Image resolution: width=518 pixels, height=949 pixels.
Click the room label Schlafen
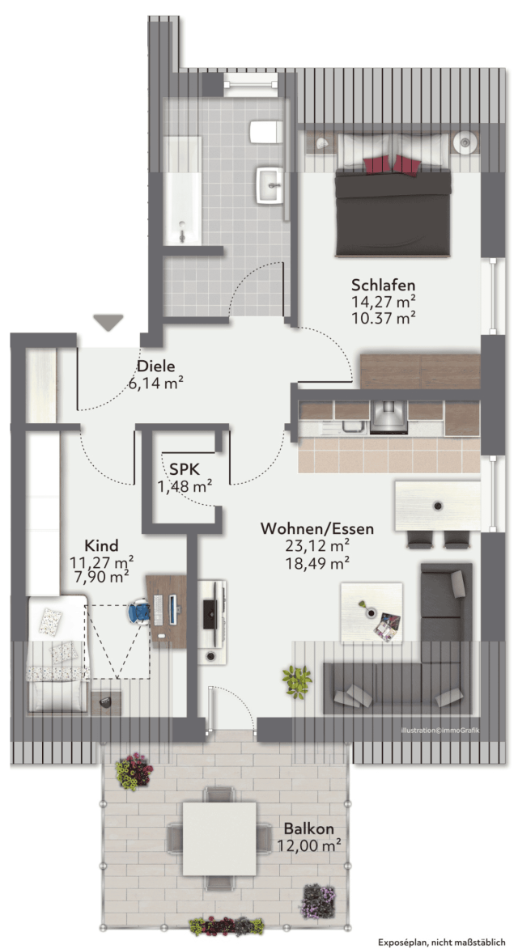(x=384, y=285)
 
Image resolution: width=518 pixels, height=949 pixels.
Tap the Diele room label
(x=155, y=366)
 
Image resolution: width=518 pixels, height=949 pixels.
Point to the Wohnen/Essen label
(x=316, y=528)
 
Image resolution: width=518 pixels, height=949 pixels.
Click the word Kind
(x=101, y=544)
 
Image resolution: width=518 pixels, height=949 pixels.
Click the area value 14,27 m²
(x=384, y=301)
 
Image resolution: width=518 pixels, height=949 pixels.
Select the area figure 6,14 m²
(x=156, y=383)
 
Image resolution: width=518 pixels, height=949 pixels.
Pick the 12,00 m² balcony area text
(x=306, y=845)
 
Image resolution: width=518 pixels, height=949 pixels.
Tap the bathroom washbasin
(x=270, y=184)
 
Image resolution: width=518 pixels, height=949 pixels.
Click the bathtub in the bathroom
(x=182, y=190)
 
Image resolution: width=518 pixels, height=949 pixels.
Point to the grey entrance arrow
(x=108, y=323)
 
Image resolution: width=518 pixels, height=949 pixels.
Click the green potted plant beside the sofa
(x=297, y=682)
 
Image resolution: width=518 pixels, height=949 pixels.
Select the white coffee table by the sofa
(x=372, y=612)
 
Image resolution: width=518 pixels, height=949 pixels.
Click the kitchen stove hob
(x=388, y=418)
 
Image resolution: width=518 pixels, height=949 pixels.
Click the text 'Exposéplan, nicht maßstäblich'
(x=442, y=942)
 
